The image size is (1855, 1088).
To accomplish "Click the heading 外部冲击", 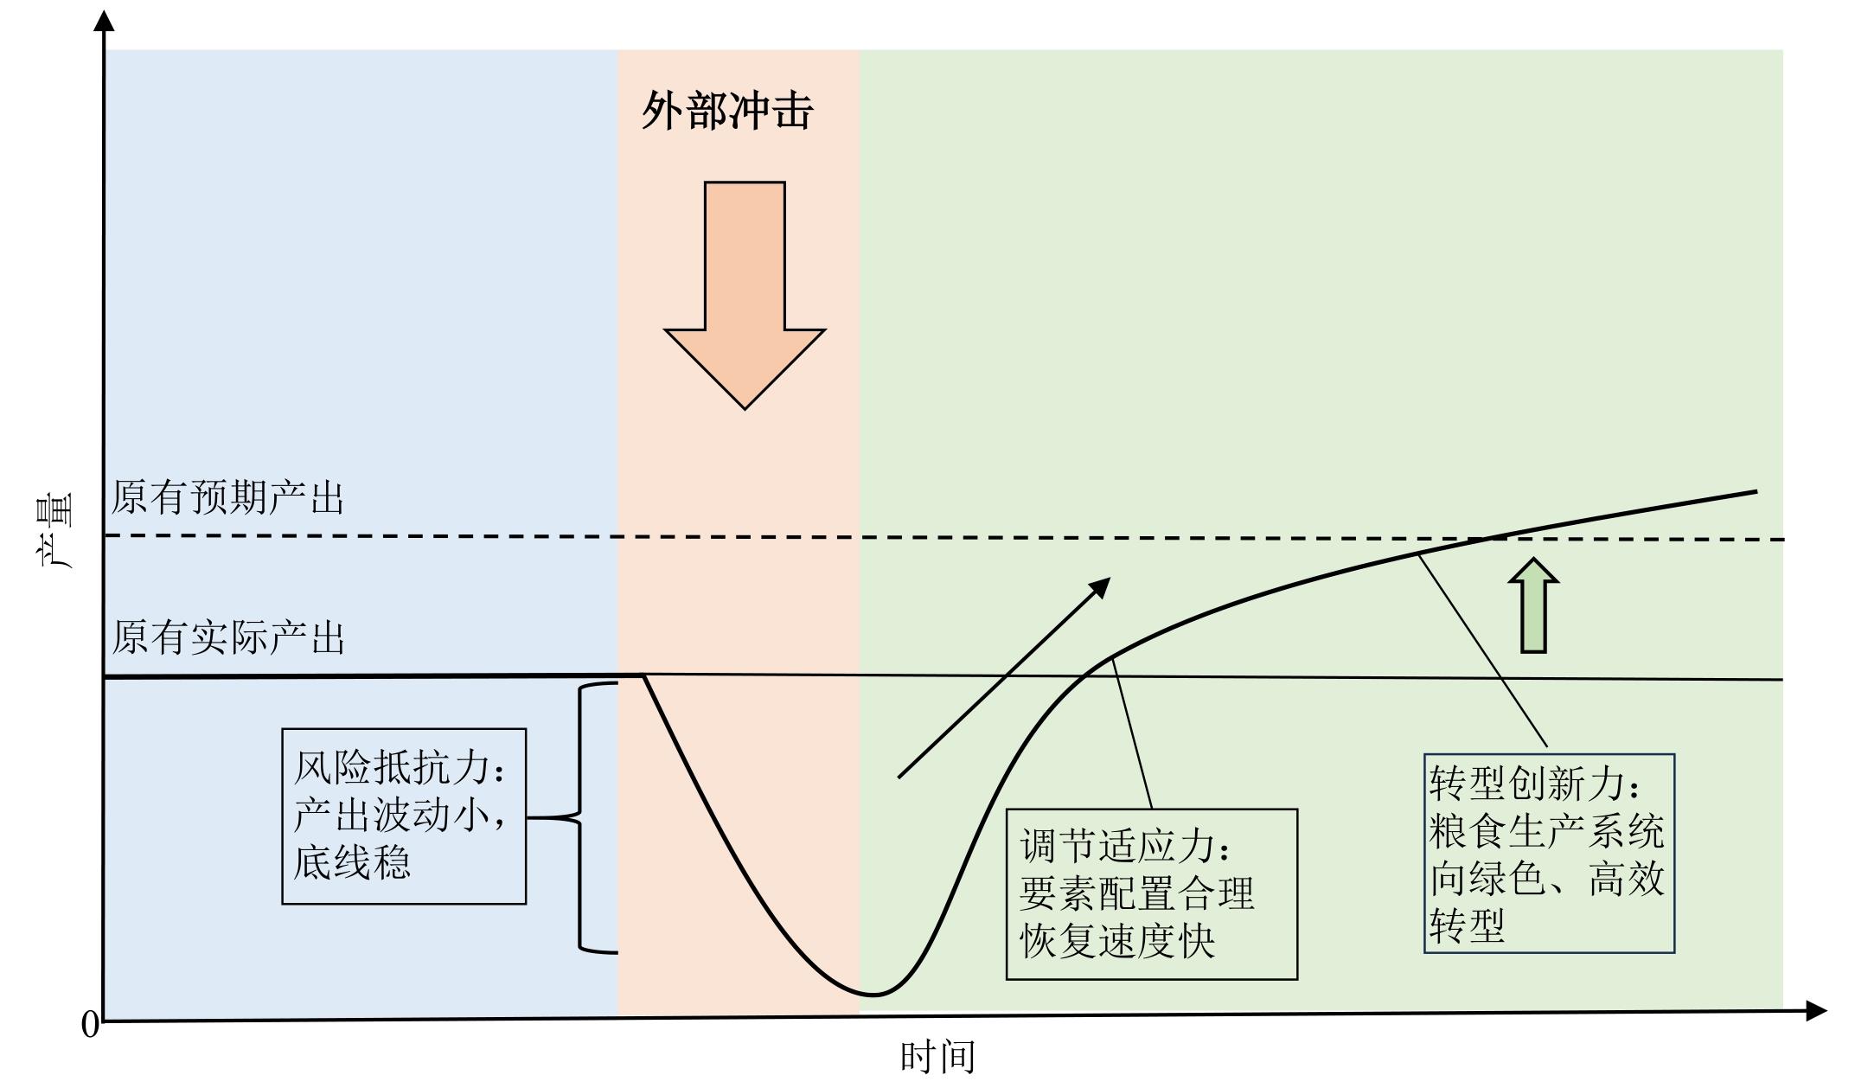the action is point(727,111).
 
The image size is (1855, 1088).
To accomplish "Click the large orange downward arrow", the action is point(745,294).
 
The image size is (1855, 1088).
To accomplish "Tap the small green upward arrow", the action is point(1533,605).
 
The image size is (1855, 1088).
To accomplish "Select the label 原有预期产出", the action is point(227,498).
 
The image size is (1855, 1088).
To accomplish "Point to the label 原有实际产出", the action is point(227,637).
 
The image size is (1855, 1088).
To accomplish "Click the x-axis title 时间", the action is point(938,1057).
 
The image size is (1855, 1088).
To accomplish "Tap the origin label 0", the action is point(90,1025).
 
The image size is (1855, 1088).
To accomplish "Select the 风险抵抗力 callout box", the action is point(404,816).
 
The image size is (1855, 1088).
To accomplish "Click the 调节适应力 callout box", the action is point(1152,894).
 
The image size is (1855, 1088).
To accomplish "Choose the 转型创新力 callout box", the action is point(1550,853).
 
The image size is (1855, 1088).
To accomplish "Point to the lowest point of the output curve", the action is point(873,995).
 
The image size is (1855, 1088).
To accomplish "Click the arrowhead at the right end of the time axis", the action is point(1816,1010).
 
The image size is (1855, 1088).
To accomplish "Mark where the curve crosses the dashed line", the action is point(1484,539).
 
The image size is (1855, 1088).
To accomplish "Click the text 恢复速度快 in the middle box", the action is point(1117,940).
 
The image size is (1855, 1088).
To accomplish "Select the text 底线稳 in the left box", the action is point(352,862).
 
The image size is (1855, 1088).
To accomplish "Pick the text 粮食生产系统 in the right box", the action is point(1547,831).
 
